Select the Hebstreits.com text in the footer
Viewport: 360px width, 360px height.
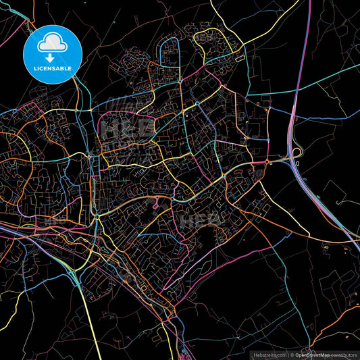point(269,355)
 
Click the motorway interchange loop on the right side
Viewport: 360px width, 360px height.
point(294,157)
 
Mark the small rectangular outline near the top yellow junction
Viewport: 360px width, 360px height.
point(238,59)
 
